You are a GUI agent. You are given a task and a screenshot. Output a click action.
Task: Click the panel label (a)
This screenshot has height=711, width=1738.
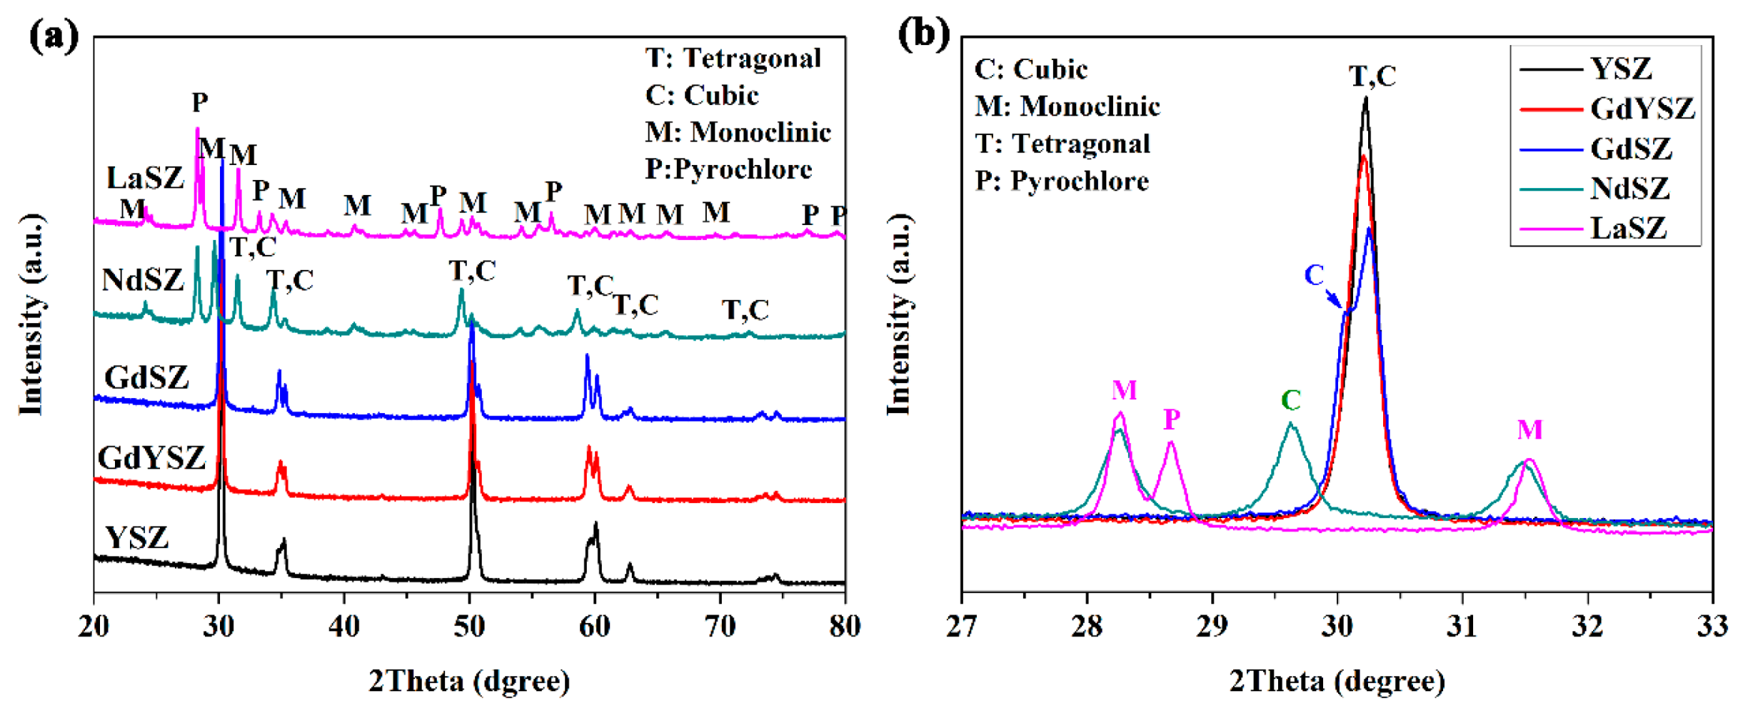(54, 36)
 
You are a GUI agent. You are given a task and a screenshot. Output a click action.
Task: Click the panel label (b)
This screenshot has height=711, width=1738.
(923, 34)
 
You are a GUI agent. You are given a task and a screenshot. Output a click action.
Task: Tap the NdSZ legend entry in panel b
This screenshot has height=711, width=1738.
(1630, 189)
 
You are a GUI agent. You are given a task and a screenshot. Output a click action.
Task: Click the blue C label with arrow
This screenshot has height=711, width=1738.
(1315, 276)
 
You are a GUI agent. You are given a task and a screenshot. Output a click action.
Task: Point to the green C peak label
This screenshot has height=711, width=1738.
(1290, 401)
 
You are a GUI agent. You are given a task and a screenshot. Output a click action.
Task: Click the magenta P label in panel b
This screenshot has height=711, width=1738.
(1172, 420)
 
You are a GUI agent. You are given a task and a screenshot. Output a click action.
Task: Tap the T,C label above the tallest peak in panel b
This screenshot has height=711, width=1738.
(1372, 76)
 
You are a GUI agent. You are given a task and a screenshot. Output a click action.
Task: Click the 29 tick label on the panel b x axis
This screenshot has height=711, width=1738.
(1212, 627)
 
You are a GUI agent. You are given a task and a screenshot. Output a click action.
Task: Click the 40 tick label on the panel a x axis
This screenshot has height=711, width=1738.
(344, 627)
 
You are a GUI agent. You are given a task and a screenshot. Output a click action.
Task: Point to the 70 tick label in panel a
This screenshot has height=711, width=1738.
(720, 627)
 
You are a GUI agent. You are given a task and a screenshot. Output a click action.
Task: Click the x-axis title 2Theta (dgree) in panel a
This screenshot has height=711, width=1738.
(469, 681)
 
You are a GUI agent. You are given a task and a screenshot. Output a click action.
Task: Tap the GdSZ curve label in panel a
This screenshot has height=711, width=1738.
(146, 377)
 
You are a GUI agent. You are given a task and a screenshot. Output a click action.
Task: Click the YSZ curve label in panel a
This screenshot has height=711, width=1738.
(136, 537)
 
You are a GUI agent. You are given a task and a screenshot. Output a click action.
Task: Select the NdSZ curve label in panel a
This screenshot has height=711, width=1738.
(143, 280)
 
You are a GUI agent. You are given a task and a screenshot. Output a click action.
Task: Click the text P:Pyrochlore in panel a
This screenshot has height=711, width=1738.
(728, 169)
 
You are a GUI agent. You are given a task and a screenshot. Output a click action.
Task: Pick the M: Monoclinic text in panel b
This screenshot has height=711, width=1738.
(1068, 106)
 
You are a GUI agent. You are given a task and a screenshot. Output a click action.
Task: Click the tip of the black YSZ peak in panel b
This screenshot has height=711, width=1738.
(1365, 99)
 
